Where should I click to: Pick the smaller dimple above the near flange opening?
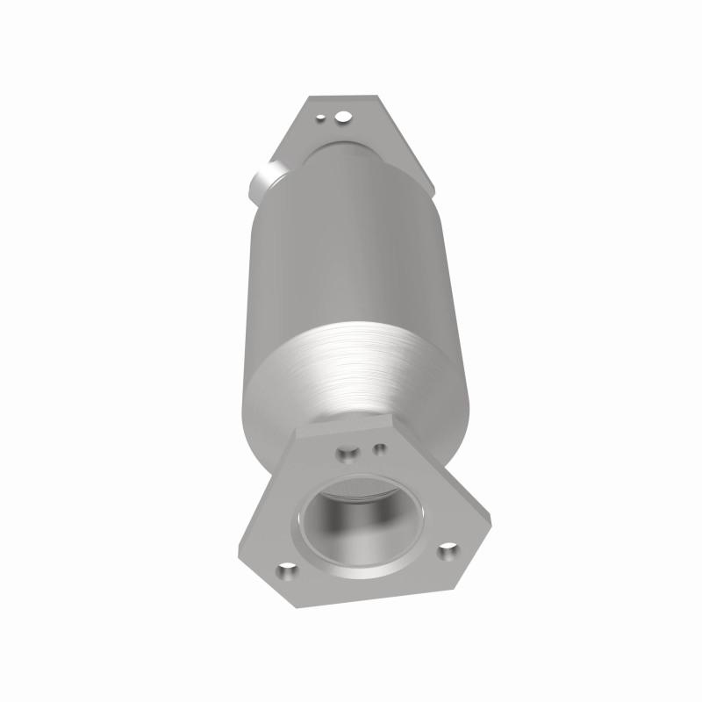tap(379, 448)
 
